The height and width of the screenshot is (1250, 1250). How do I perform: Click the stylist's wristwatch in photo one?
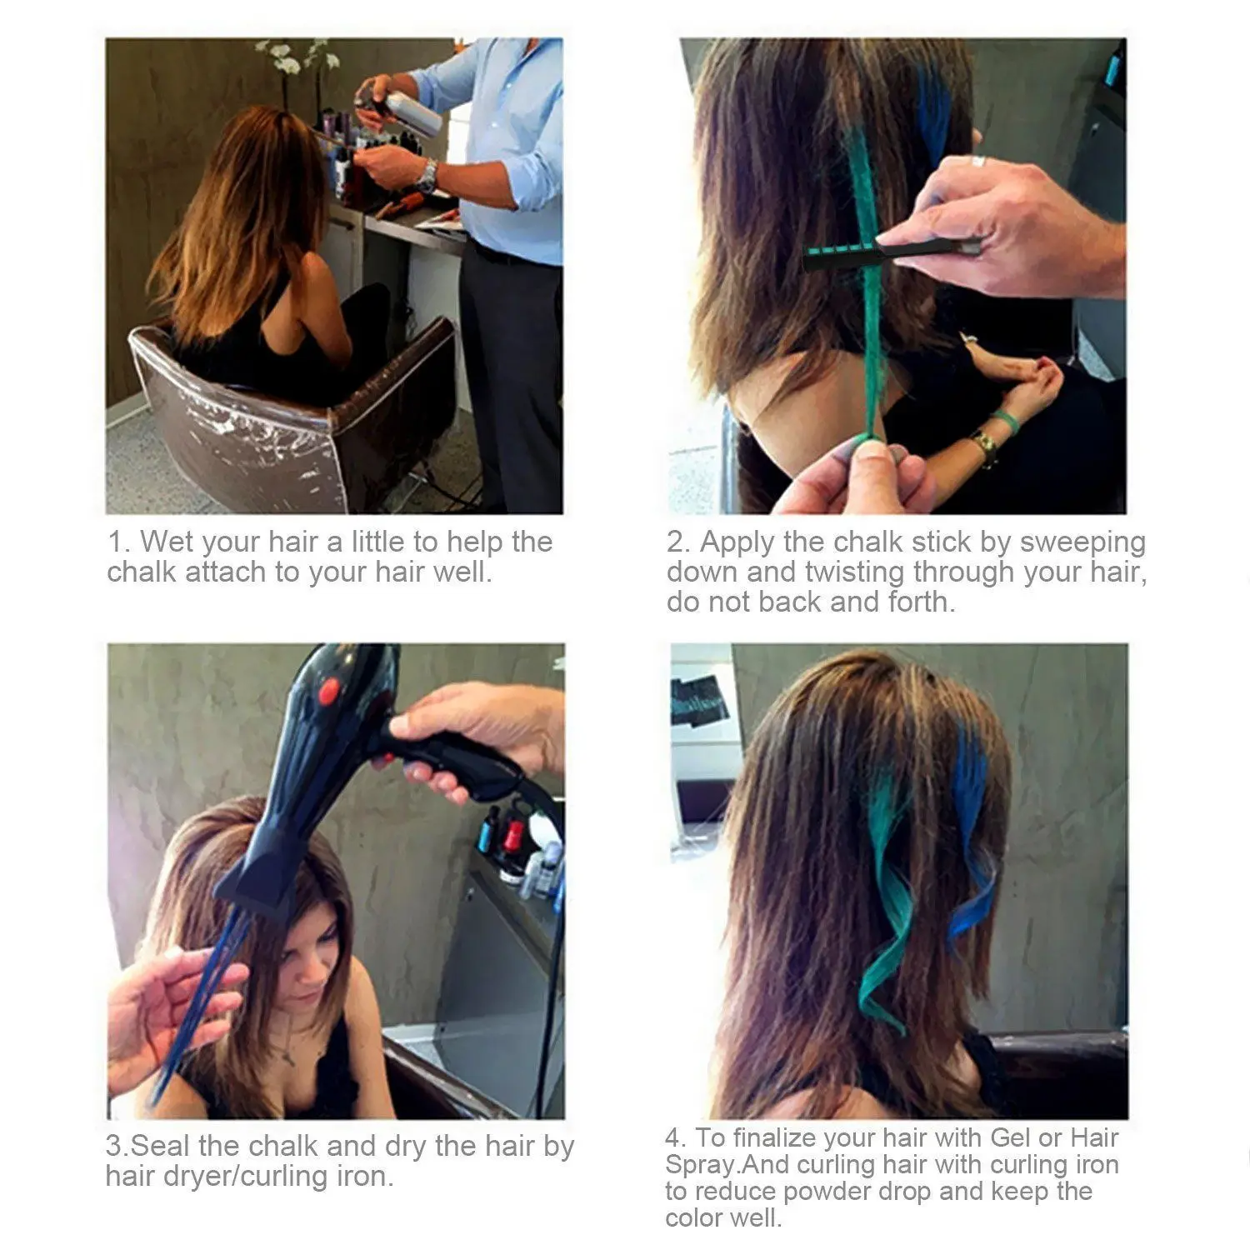(427, 176)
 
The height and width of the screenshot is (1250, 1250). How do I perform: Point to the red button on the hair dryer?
(329, 691)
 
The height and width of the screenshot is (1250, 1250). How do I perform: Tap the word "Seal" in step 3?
(162, 1146)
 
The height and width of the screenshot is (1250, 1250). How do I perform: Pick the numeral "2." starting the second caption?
(679, 542)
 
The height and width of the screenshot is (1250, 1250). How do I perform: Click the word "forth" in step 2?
(920, 602)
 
